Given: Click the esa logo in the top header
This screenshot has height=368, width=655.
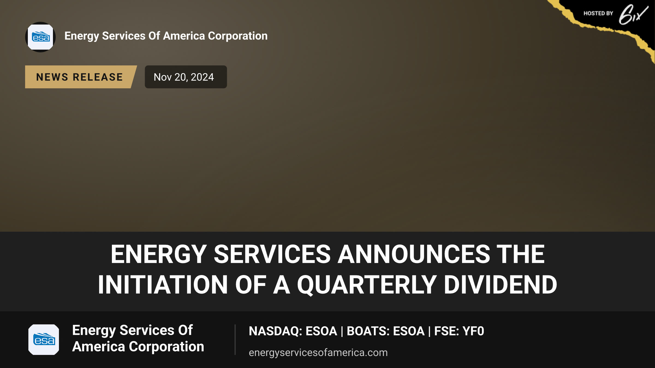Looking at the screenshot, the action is point(40,37).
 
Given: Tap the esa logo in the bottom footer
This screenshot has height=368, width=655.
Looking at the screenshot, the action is point(44,340).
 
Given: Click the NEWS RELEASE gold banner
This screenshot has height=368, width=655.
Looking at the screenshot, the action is point(81,77).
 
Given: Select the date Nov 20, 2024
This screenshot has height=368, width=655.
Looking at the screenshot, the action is point(184,77).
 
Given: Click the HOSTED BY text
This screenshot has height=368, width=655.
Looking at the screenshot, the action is point(598,13).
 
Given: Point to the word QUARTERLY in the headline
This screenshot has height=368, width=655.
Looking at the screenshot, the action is point(367,285).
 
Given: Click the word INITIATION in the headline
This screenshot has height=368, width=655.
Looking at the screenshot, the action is point(163,285).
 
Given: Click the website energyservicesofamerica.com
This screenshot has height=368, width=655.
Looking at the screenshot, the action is point(318,352).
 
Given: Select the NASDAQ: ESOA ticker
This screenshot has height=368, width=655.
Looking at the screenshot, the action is point(293,331).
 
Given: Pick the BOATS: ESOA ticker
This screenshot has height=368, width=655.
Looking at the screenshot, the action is point(386,331).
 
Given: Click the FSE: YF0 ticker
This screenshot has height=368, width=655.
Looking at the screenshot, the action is point(459,331).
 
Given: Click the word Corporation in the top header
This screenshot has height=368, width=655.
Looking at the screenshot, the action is point(238,36).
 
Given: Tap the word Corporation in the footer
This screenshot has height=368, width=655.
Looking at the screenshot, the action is point(166,347).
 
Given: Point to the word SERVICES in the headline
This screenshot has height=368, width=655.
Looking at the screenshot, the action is point(272,254).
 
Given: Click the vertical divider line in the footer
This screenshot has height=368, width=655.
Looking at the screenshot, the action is point(235,340).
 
